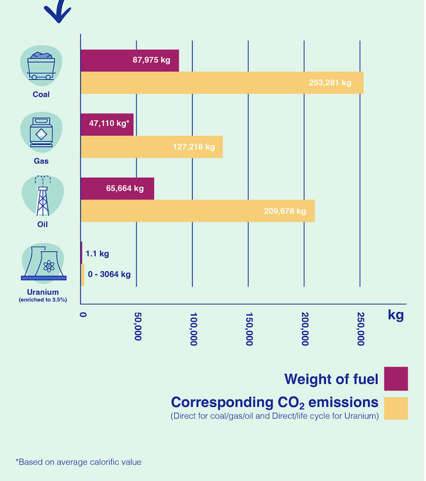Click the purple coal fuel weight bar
point(129,60)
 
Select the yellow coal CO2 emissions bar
point(222,83)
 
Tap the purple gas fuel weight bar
point(107,124)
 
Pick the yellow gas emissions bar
point(151,146)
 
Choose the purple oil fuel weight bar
point(117,188)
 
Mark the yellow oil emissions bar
point(197,211)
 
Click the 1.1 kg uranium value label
point(97,254)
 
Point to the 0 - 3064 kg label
point(108,275)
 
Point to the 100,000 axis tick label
point(193,329)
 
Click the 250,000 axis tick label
point(361,329)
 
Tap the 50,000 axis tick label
point(137,326)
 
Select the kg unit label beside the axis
point(396,315)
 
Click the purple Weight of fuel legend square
point(396,379)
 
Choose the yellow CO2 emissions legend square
point(396,408)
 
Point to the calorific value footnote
point(79,462)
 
